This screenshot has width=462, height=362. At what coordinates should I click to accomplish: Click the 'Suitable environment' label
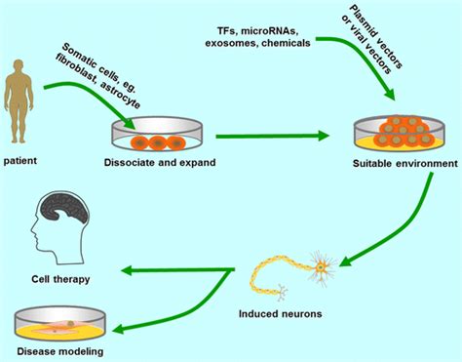(x=395, y=161)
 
